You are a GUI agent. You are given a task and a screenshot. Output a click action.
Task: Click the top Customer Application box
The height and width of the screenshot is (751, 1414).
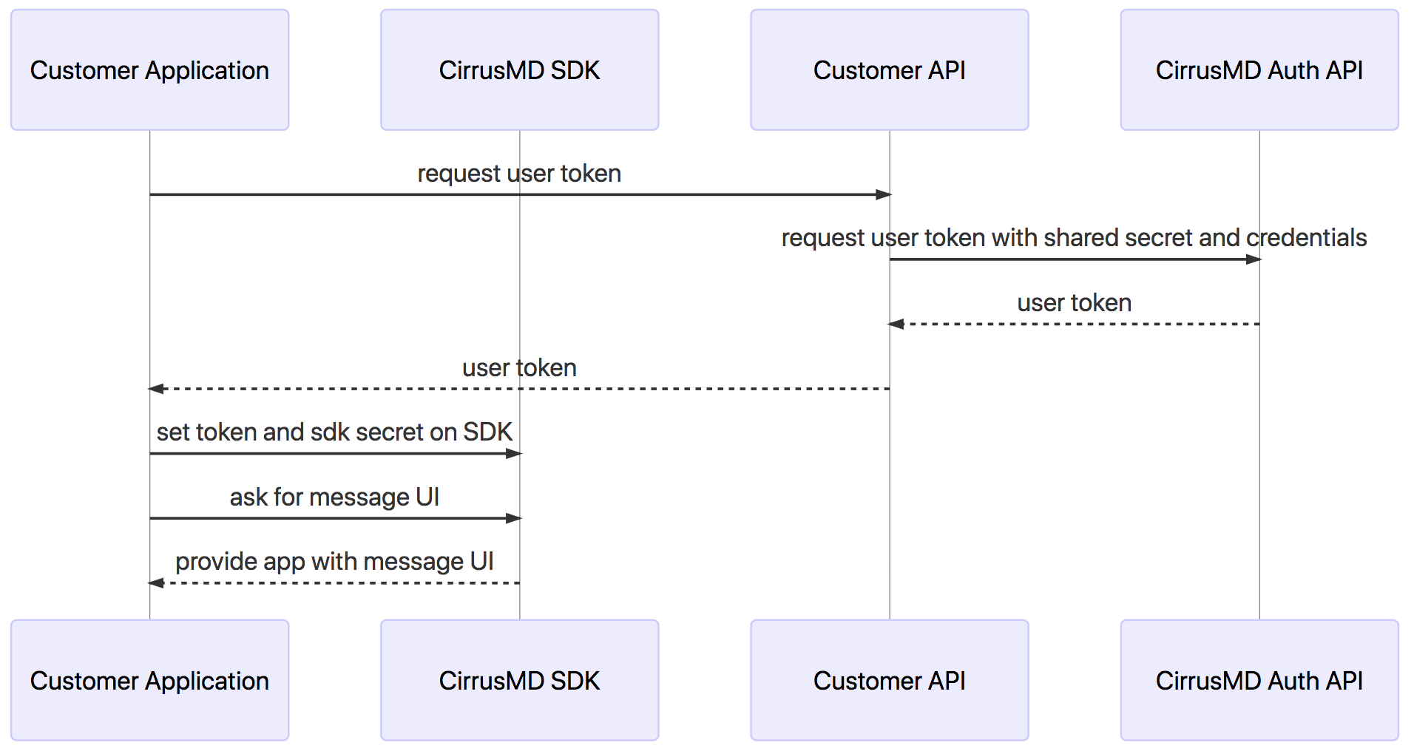coord(149,70)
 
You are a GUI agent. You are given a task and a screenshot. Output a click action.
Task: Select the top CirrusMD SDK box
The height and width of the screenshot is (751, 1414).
coord(519,70)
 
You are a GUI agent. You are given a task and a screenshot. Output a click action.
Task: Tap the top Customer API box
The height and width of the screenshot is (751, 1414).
coord(889,70)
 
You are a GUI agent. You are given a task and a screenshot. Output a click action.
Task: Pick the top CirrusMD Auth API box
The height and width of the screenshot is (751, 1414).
coord(1259,70)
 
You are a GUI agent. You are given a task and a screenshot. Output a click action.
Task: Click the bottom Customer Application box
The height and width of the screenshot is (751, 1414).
coord(149,680)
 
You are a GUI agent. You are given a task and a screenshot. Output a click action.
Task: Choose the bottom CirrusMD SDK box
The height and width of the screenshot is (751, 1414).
coord(519,680)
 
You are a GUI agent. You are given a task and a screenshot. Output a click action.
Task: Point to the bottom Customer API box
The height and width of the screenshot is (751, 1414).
coord(889,680)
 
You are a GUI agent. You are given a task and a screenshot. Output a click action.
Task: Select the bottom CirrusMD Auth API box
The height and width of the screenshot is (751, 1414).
coord(1259,680)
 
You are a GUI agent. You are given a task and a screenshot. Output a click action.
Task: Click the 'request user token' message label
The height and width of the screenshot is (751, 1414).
coord(519,174)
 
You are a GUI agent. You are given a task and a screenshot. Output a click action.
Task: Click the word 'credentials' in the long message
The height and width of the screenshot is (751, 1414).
coord(1307,238)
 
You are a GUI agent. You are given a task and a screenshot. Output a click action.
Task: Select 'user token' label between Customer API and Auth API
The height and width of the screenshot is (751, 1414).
coord(1074,303)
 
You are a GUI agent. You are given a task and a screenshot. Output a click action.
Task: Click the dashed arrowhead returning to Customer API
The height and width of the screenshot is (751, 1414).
coord(896,324)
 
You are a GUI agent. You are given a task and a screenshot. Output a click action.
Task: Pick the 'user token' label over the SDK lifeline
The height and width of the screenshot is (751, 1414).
coord(519,368)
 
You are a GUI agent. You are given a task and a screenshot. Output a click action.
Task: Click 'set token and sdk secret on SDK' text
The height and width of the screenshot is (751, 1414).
coord(334,432)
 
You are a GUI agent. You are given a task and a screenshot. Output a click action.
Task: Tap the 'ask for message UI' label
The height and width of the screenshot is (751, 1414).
coord(334,497)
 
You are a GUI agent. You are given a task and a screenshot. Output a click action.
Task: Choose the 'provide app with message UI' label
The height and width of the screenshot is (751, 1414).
coord(334,562)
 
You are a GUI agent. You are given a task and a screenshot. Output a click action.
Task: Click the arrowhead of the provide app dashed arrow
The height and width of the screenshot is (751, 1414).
coord(156,583)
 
